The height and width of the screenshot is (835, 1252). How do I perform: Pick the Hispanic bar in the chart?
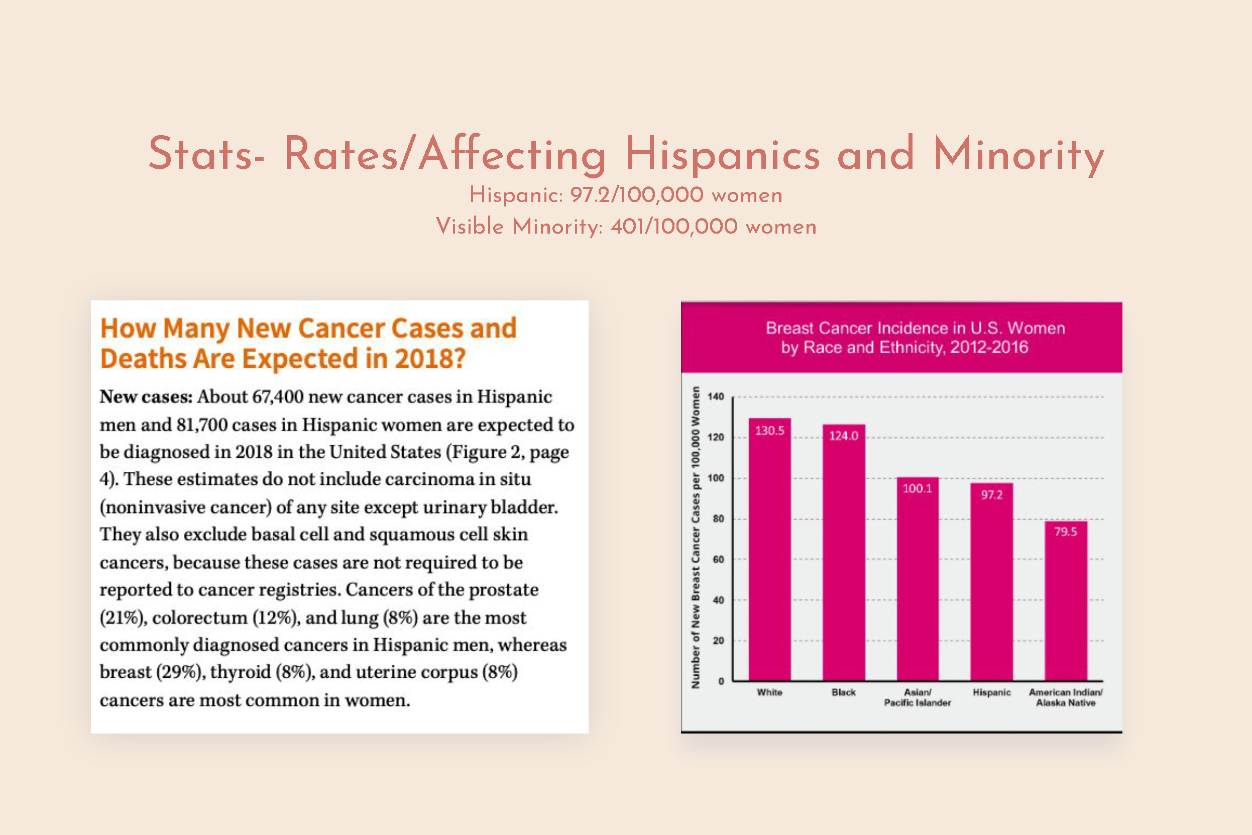pos(991,586)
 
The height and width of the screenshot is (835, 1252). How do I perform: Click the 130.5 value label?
pos(769,431)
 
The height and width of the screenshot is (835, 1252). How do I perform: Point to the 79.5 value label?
pos(1065,532)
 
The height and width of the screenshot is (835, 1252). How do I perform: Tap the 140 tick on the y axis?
pos(716,397)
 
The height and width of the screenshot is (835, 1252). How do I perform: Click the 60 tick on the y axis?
pos(718,560)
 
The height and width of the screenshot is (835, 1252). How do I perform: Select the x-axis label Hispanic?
pos(991,692)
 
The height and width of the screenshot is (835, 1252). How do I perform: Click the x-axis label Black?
pos(844,692)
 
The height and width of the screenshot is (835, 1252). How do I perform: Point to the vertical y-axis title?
pos(695,538)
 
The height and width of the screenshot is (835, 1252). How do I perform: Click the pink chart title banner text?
pos(915,338)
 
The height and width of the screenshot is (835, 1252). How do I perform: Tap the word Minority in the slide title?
pos(1018,154)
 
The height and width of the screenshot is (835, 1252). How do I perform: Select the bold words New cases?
pos(146,397)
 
